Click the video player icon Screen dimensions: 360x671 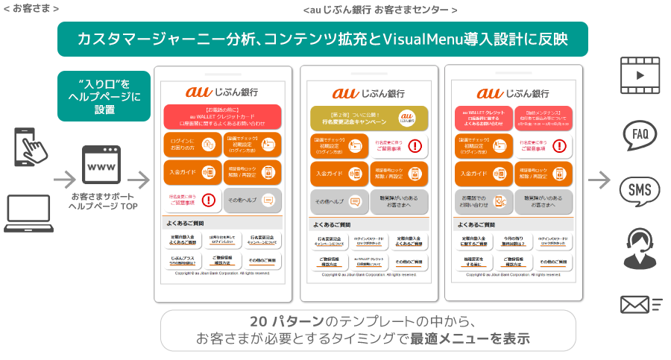[x=640, y=75]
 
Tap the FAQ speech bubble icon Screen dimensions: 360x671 [x=640, y=134]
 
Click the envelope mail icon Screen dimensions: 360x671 [x=640, y=303]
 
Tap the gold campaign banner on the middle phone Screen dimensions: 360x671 [x=364, y=117]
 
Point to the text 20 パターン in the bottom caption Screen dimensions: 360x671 [x=286, y=321]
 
